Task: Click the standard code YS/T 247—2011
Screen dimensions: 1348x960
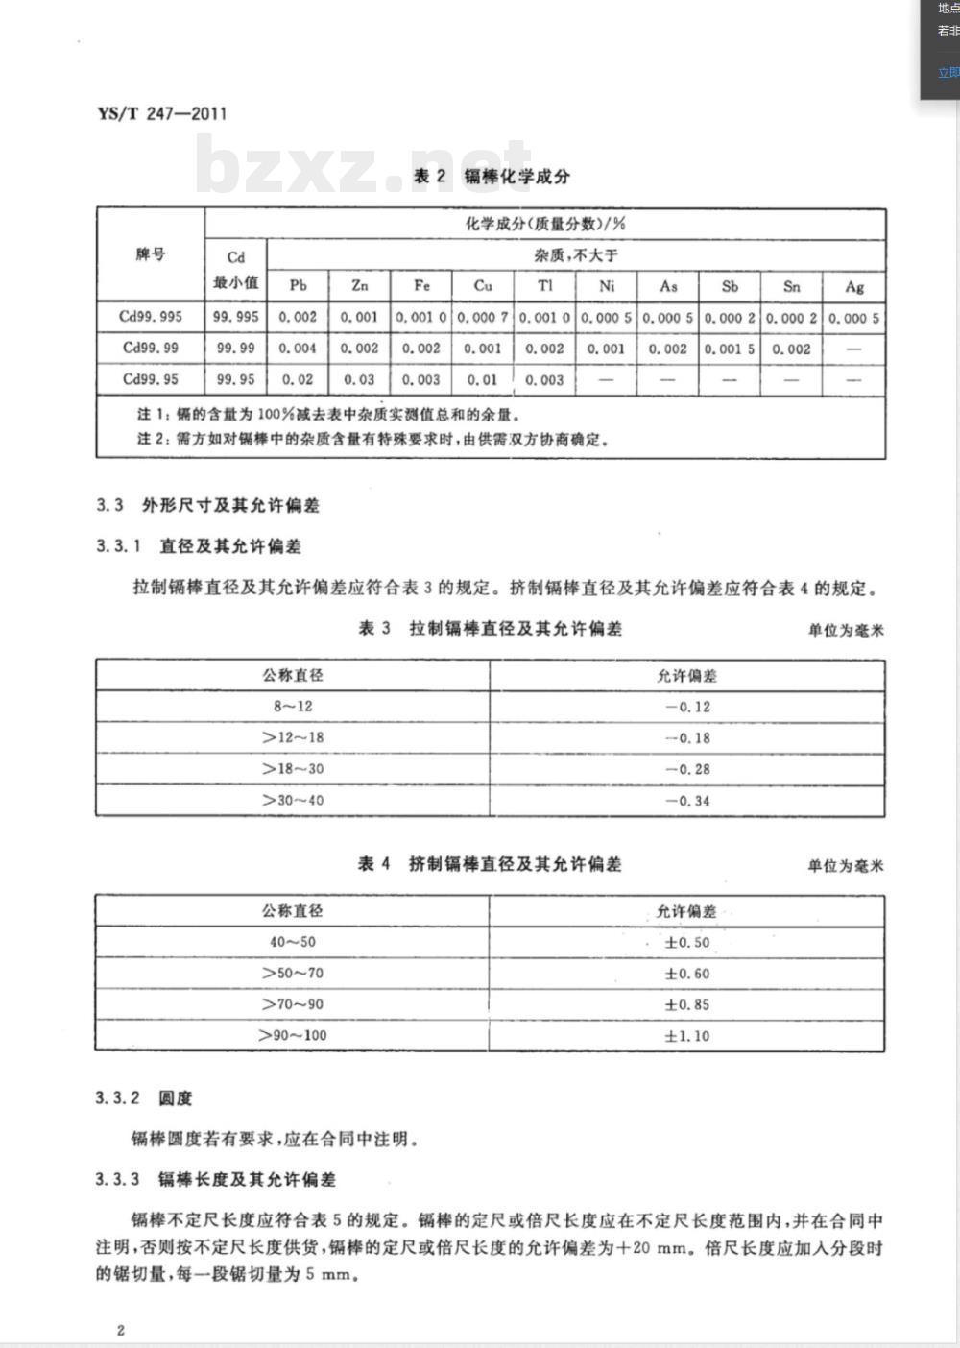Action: (x=162, y=113)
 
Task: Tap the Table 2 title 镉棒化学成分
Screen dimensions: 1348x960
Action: (x=492, y=176)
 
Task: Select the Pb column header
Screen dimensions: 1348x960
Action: (x=298, y=285)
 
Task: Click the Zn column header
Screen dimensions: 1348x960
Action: (x=359, y=285)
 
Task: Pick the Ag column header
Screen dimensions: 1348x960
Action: (x=854, y=286)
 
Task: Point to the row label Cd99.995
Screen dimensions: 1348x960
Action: (x=151, y=317)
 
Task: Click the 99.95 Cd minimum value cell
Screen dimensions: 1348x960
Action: (x=236, y=379)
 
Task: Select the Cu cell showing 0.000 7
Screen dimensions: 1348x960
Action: (x=483, y=317)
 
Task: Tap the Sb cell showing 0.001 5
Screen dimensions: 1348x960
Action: (x=730, y=349)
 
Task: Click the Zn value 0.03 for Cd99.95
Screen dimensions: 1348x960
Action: (x=359, y=379)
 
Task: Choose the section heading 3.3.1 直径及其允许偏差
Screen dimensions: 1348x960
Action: (x=199, y=546)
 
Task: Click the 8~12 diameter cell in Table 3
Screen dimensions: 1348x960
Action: (x=293, y=706)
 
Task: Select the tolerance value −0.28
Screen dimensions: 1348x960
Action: (x=687, y=769)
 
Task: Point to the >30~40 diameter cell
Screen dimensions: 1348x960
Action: (x=293, y=800)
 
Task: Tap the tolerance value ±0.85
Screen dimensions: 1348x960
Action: (x=687, y=1004)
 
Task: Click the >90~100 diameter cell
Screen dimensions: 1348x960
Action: (x=293, y=1035)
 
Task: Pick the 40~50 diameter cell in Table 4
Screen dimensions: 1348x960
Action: (x=293, y=942)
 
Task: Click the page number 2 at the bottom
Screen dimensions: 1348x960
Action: (x=120, y=1330)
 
